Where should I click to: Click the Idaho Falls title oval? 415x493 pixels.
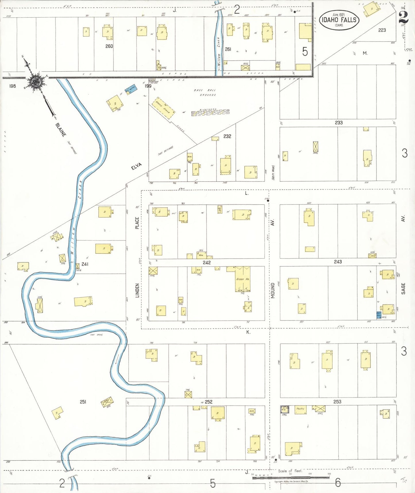tap(339, 20)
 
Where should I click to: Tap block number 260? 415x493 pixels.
tap(109, 46)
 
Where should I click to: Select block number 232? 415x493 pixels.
tap(227, 136)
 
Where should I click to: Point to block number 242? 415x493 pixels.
tap(206, 263)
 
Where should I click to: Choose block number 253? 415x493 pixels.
tap(337, 402)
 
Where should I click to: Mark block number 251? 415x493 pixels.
tap(83, 402)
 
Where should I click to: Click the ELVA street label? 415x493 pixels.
tap(136, 166)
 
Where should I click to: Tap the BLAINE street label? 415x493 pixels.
tap(61, 130)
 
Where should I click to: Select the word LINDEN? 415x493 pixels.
tap(137, 291)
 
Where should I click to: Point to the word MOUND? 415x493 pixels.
tap(273, 291)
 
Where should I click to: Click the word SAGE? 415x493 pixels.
tap(403, 288)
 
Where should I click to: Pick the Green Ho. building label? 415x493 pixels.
tap(243, 279)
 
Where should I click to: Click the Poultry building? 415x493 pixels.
tap(300, 409)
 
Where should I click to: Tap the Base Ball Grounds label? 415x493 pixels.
tap(204, 92)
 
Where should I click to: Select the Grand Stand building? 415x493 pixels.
tap(163, 108)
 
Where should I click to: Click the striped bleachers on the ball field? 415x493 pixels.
tap(210, 112)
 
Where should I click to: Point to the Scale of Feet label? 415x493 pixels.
tap(290, 471)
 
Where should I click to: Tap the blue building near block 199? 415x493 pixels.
tap(131, 89)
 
